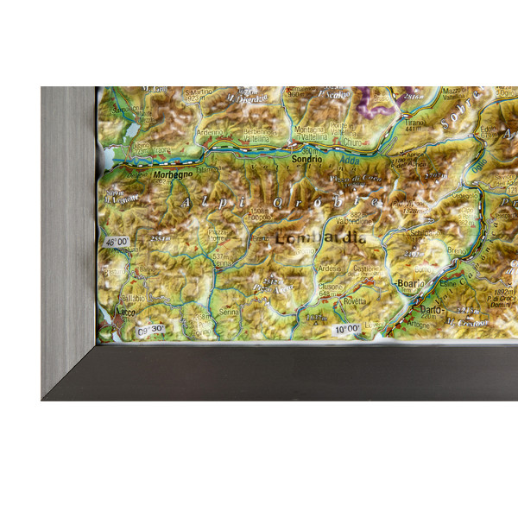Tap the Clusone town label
coord(330,287)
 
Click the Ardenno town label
coord(209,132)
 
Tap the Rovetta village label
coord(354,301)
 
